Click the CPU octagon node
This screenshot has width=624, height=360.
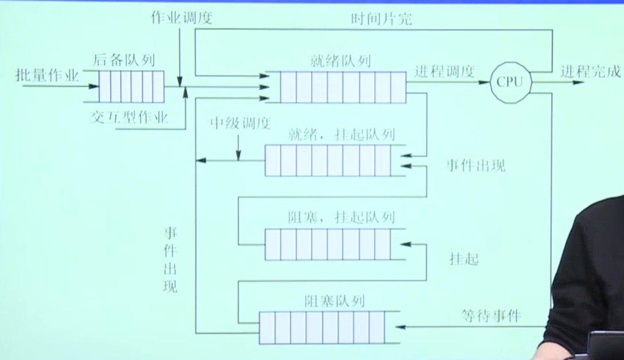510,82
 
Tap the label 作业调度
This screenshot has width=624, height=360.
181,18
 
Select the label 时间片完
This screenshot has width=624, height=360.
382,18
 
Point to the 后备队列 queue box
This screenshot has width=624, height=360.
131,86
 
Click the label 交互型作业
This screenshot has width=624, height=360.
129,118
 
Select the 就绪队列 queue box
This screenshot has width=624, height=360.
343,87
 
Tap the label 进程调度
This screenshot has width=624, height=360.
444,72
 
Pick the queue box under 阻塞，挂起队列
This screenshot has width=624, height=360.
327,244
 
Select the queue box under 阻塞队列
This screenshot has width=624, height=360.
321,327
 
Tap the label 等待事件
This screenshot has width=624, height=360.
491,315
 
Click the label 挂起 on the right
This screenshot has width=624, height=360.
464,259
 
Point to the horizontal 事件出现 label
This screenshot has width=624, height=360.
476,165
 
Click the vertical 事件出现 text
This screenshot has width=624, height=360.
170,259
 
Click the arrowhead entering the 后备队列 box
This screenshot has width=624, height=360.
94,86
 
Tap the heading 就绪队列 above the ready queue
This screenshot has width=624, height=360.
340,60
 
